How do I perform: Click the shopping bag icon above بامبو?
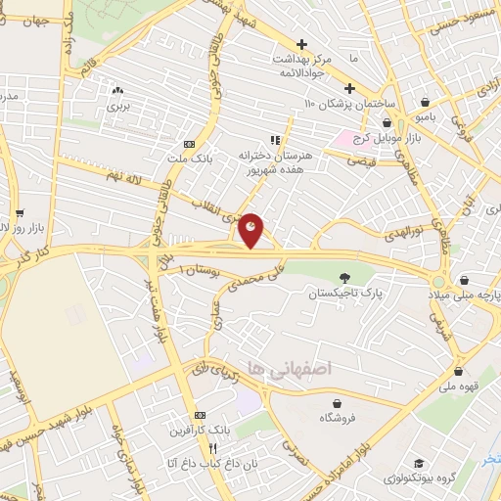click(424, 101)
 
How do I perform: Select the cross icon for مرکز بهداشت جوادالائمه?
click(302, 45)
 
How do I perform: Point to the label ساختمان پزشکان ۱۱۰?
click(347, 104)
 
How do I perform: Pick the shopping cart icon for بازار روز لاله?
click(19, 212)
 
